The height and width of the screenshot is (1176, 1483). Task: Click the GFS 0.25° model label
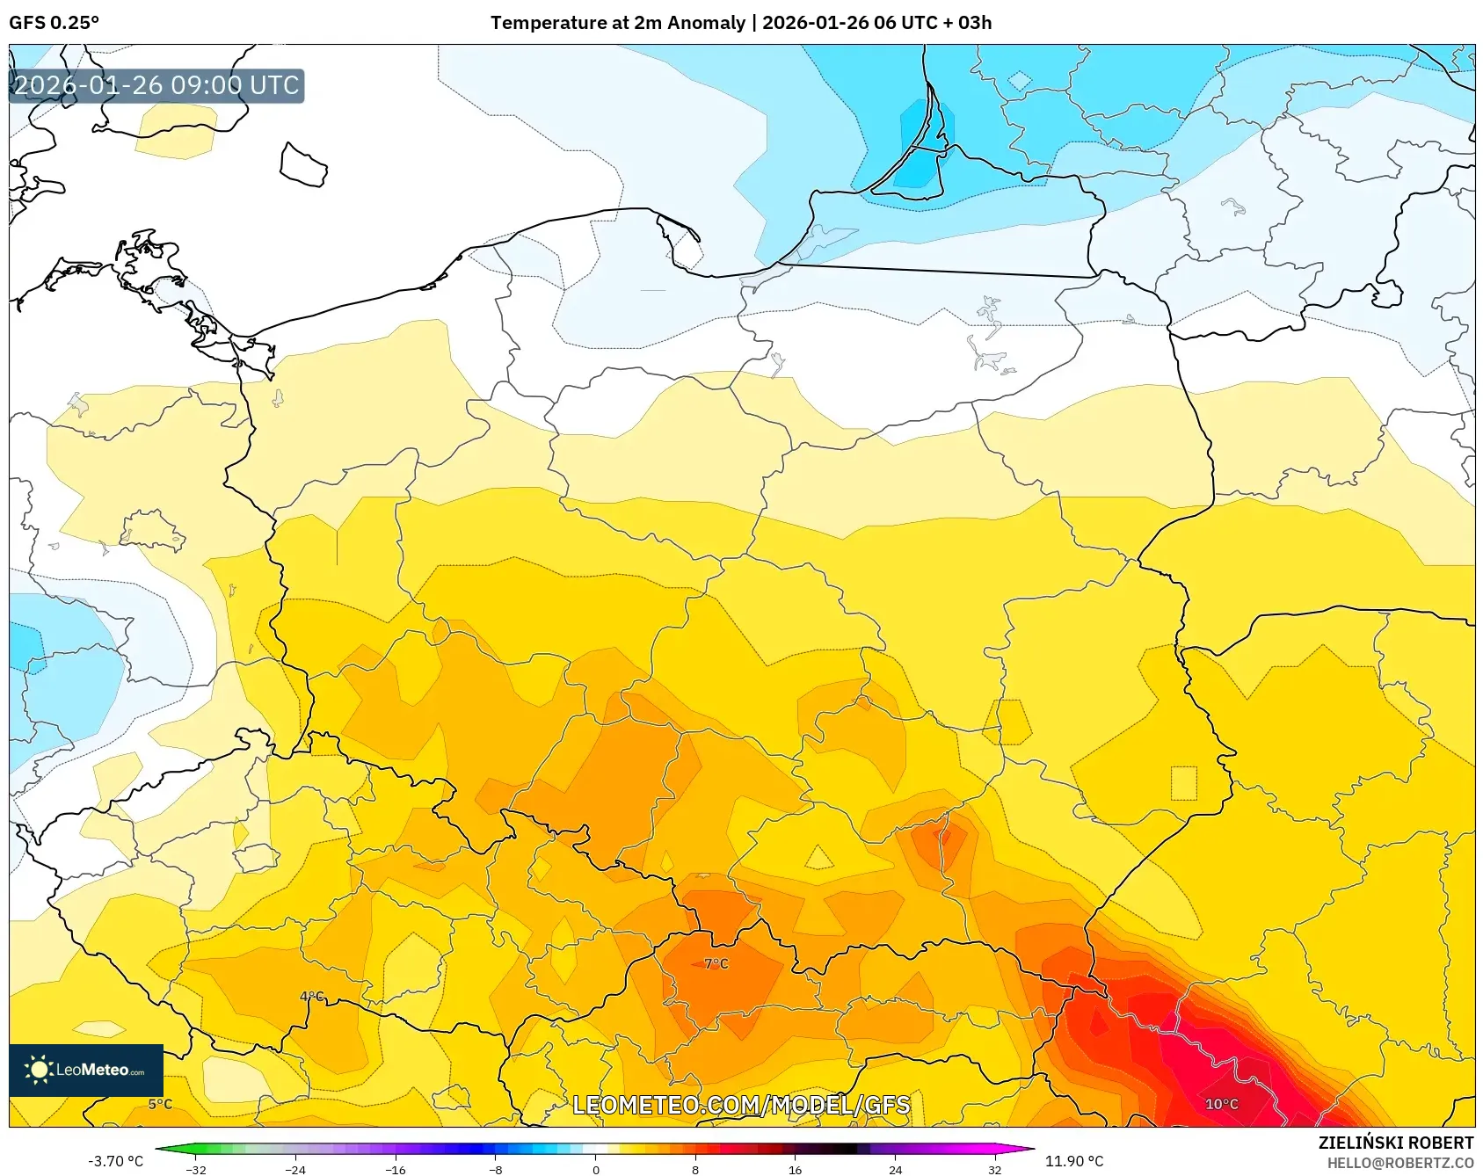tap(54, 23)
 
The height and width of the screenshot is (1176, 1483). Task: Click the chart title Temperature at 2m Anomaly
tap(617, 23)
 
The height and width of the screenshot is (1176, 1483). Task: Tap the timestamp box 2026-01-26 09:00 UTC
tap(156, 85)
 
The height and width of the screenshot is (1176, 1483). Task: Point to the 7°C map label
tap(716, 964)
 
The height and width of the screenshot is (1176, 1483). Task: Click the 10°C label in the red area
tap(1221, 1104)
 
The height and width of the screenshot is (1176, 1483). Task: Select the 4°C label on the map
tap(312, 997)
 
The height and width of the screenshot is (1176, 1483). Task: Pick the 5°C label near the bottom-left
tap(160, 1104)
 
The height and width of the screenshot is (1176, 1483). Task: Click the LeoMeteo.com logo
tap(86, 1070)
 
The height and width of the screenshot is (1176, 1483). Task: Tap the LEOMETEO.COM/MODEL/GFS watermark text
tap(741, 1105)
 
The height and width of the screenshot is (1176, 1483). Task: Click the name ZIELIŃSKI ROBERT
tap(1395, 1143)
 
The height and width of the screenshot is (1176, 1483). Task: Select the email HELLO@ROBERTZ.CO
tap(1399, 1163)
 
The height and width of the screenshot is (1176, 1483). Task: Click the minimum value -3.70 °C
tap(115, 1161)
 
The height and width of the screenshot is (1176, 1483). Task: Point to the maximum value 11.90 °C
tap(1073, 1161)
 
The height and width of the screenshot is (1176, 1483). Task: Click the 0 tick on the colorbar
tap(596, 1169)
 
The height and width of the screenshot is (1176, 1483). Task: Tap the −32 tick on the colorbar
tap(196, 1169)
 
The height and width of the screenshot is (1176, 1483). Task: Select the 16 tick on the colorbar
tap(795, 1169)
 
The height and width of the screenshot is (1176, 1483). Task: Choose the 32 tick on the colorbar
tap(994, 1169)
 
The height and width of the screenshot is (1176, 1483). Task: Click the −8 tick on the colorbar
tap(496, 1169)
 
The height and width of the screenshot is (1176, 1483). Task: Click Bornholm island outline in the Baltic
tap(303, 165)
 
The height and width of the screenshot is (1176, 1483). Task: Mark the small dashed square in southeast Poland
tap(1183, 783)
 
